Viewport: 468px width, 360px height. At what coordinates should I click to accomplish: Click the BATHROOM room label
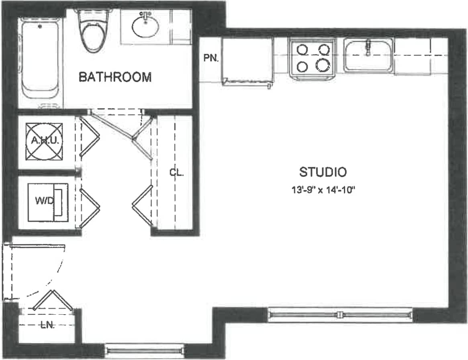tap(115, 77)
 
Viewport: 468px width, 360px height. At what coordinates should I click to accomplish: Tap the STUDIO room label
tap(323, 172)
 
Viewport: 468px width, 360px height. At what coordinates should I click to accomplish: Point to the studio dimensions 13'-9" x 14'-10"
tap(324, 190)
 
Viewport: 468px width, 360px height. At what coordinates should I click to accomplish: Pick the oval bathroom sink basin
tap(145, 26)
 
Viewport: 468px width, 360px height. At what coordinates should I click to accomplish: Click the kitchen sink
tap(368, 55)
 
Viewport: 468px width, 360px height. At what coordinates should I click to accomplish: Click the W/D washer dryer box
tap(48, 202)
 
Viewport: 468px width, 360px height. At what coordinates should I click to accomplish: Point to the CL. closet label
tap(176, 173)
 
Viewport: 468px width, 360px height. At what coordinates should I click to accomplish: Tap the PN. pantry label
tap(211, 58)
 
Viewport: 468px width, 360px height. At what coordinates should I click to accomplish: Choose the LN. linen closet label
tap(47, 326)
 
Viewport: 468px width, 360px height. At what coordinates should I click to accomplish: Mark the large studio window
tap(340, 314)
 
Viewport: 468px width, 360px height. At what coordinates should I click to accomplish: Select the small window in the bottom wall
tap(144, 351)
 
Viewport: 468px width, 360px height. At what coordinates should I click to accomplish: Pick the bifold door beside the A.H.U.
tap(89, 137)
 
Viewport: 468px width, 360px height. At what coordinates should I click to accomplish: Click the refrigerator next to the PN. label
tap(247, 60)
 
